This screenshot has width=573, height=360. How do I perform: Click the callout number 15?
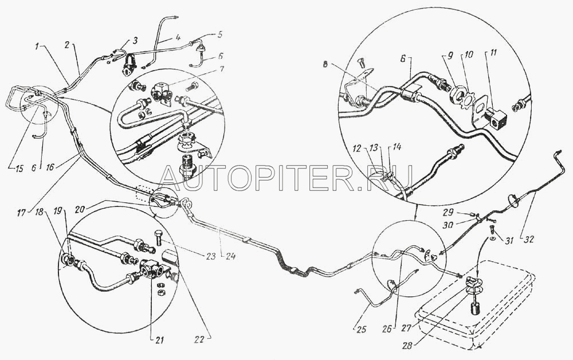point(19,169)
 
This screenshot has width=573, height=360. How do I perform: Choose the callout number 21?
point(159,341)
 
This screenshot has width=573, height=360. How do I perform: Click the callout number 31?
point(509,241)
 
